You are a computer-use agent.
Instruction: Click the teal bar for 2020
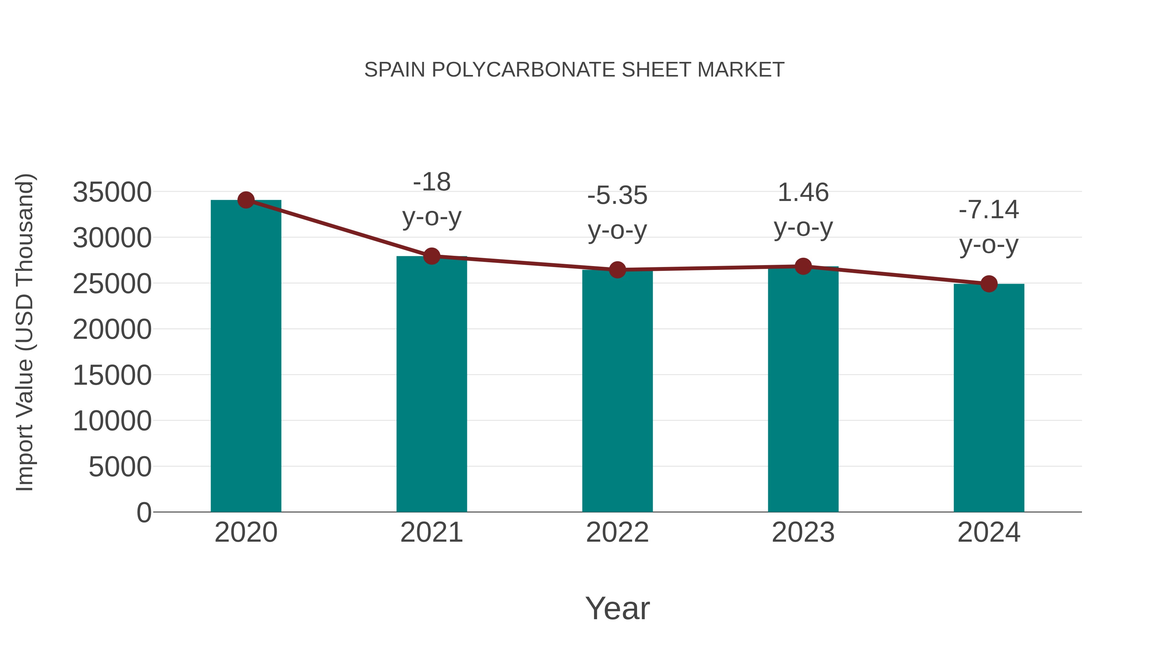coord(246,357)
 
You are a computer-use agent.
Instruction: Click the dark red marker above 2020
coord(246,200)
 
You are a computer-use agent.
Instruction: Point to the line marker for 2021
coord(431,256)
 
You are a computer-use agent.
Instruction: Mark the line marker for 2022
coord(617,270)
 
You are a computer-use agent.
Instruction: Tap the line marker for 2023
coord(803,267)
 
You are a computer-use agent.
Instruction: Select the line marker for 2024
coord(989,284)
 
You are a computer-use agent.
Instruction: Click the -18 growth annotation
coord(431,182)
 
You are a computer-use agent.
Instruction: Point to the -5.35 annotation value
coord(617,196)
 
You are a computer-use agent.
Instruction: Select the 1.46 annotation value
coord(803,193)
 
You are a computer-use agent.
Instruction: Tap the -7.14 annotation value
coord(989,210)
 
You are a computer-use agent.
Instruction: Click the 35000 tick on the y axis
coord(112,193)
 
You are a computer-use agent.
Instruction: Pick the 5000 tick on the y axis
coord(120,467)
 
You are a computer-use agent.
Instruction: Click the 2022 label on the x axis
coord(617,533)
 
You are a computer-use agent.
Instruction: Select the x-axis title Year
coord(617,609)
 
